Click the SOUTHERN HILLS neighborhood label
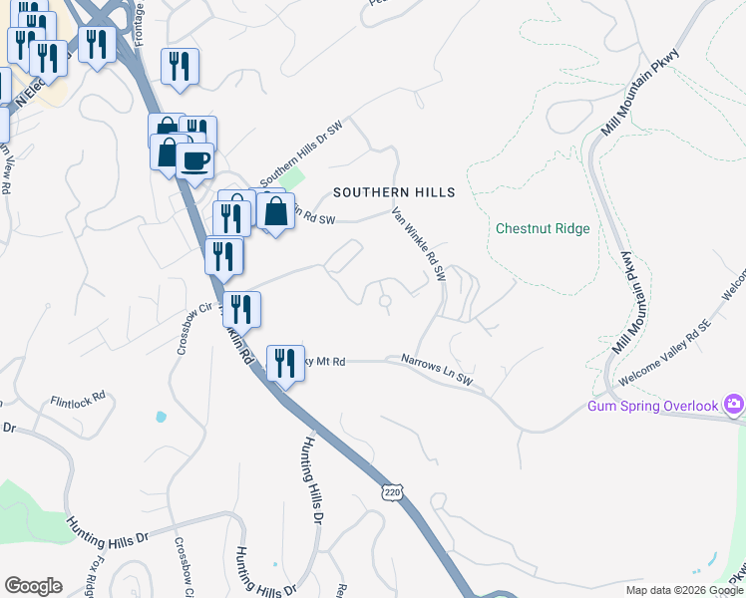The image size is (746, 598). (x=394, y=192)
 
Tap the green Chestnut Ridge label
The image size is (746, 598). (x=543, y=228)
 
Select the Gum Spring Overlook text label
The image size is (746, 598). (x=653, y=406)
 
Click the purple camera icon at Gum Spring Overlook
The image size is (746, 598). (x=735, y=404)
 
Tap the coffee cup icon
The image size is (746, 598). (x=195, y=159)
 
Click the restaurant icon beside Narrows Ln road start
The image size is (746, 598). (x=285, y=363)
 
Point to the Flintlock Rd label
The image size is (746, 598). (x=78, y=401)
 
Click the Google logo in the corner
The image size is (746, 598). (x=33, y=586)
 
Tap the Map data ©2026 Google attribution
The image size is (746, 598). (x=683, y=590)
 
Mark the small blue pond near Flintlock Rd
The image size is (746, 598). (x=161, y=416)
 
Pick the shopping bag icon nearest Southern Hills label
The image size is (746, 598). (x=275, y=210)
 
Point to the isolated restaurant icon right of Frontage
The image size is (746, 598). (x=180, y=66)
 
